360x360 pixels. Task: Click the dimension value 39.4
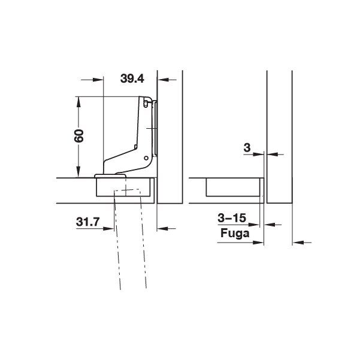click(x=132, y=78)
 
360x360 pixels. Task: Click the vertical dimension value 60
click(x=79, y=136)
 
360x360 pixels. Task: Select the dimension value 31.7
click(x=87, y=222)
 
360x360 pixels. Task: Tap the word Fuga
click(x=235, y=234)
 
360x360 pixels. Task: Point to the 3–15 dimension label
click(x=232, y=217)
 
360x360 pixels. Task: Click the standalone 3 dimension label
click(x=247, y=147)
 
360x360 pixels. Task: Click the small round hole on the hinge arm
click(x=146, y=158)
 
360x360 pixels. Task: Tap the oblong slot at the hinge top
click(x=145, y=104)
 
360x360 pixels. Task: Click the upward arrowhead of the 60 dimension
click(x=78, y=102)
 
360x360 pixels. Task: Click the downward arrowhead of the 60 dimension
click(x=78, y=172)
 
